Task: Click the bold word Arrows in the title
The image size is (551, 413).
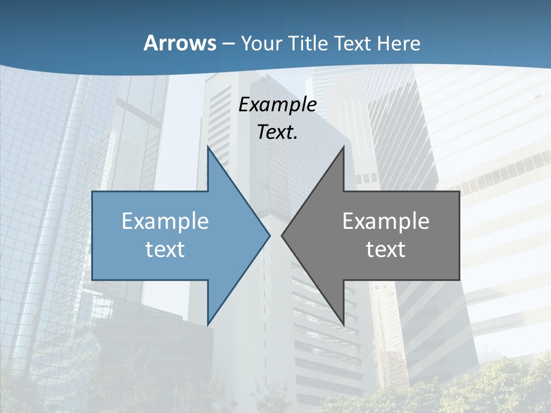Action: click(x=179, y=43)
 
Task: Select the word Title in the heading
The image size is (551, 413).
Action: click(x=308, y=43)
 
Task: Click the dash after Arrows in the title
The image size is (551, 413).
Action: click(x=228, y=44)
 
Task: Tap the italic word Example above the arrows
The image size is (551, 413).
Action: click(x=278, y=104)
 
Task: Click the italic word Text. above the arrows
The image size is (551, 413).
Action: click(x=278, y=132)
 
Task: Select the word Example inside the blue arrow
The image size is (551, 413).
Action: click(x=165, y=221)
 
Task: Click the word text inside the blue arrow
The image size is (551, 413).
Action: click(x=165, y=249)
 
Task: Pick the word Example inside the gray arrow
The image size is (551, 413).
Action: click(x=386, y=221)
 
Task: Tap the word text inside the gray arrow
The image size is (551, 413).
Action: click(x=386, y=249)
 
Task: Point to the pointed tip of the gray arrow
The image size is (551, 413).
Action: click(x=282, y=235)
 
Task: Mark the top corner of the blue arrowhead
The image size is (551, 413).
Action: click(x=208, y=148)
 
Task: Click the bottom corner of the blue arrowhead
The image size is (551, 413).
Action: click(x=208, y=324)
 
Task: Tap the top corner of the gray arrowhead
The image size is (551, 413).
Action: click(x=343, y=148)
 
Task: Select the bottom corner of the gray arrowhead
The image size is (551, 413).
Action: click(x=343, y=324)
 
